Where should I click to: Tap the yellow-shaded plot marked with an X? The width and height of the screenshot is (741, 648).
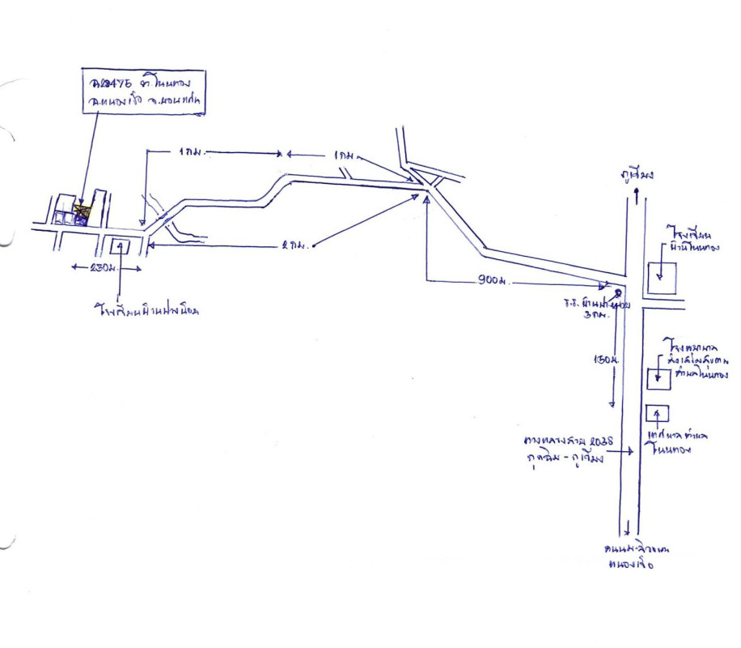click(81, 213)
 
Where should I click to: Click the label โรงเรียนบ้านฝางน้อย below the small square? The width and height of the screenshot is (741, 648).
click(145, 309)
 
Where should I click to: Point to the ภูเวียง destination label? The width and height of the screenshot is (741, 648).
click(637, 173)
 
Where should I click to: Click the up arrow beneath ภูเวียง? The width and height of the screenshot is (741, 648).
click(637, 194)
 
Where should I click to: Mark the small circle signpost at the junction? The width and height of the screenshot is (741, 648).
click(618, 293)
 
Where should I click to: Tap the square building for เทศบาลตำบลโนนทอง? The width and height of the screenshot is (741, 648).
click(657, 413)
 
